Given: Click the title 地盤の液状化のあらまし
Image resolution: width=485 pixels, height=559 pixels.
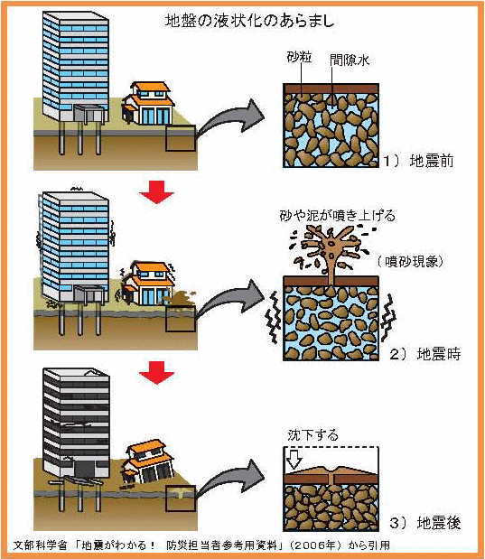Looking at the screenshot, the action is coord(249,22).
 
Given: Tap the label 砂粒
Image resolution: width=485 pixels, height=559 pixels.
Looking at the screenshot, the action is coord(299,57).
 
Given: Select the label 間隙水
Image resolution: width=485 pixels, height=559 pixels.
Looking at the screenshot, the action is coord(350,61).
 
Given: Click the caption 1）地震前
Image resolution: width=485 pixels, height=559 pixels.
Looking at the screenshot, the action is coord(418,161).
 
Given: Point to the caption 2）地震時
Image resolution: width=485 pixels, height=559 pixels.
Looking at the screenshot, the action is coord(424,354).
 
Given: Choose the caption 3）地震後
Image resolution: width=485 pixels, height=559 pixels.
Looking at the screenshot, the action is coord(424,523).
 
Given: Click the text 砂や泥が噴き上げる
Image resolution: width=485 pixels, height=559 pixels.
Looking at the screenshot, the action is coord(338,216).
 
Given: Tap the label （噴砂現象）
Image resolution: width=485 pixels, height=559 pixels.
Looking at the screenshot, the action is coord(410,262).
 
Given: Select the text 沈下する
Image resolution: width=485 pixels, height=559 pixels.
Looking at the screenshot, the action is coord(312,435).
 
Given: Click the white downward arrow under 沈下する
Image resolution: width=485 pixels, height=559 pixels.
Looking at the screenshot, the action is coord(294,459).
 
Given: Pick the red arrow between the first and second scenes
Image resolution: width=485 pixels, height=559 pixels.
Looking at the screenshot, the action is coord(156,192).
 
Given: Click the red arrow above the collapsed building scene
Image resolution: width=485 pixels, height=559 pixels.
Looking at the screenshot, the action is coord(156,373).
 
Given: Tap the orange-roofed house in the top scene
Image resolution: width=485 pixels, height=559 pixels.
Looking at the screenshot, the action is coord(148,103).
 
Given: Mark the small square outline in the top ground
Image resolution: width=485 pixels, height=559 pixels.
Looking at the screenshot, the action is coord(181,138).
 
